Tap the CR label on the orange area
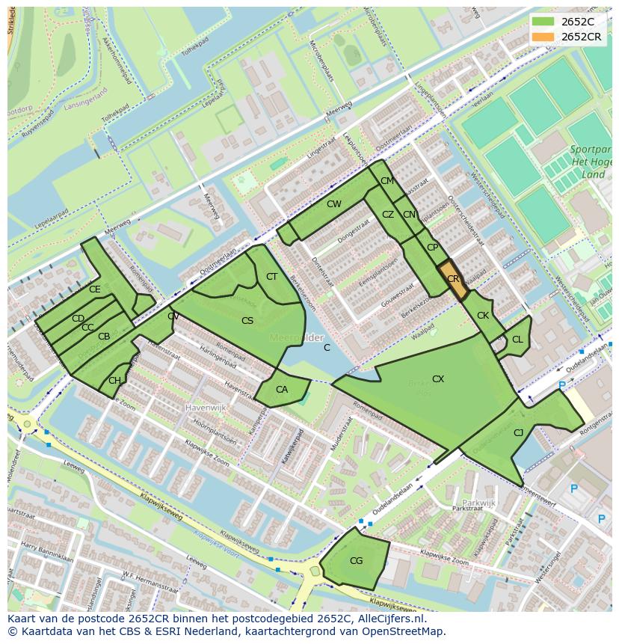point(453,279)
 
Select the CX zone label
point(438,379)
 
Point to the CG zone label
point(356,560)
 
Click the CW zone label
point(333,204)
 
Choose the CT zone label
point(271,277)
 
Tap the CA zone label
point(281,390)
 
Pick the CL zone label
point(517,340)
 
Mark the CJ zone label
point(518,432)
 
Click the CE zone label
point(94,289)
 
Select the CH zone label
point(114,381)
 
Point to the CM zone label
point(387,181)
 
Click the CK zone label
point(483,316)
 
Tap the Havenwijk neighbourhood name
point(204,408)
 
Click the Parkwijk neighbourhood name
point(478,503)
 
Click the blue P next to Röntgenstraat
point(562,385)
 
